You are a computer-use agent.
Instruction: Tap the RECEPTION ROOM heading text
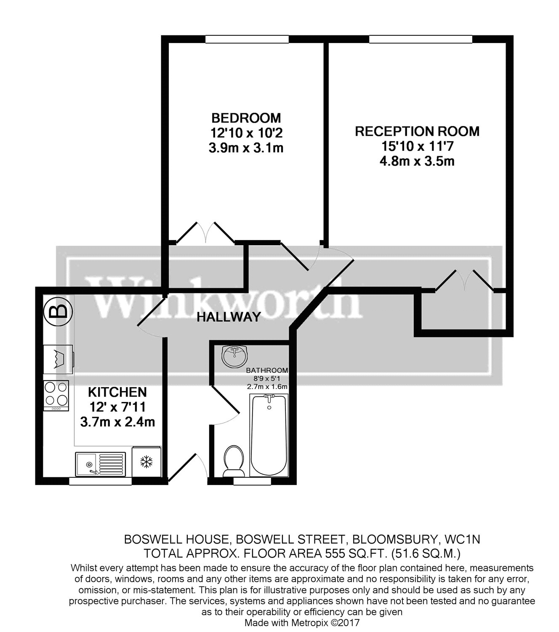[x=417, y=131]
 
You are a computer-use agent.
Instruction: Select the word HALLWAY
[x=229, y=317]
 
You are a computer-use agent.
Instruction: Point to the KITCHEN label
[x=117, y=392]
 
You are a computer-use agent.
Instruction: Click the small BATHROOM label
[x=267, y=371]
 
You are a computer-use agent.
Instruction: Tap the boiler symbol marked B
[x=58, y=312]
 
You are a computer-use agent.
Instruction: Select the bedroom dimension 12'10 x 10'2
[x=246, y=133]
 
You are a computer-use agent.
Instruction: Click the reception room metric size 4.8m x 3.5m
[x=417, y=161]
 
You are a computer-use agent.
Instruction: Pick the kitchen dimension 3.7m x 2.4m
[x=117, y=422]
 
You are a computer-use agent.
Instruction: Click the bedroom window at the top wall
[x=247, y=39]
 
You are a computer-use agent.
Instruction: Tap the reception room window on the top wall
[x=421, y=39]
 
